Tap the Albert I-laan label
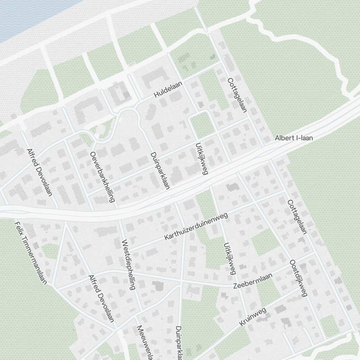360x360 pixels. point(294,138)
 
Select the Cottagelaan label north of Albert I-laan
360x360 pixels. point(237,95)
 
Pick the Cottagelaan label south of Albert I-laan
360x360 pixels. point(297,217)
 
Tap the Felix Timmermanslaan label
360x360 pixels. point(31,253)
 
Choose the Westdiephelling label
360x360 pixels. point(128,265)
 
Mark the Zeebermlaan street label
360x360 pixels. point(252,281)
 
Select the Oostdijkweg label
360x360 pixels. point(298,278)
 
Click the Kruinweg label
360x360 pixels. point(252,317)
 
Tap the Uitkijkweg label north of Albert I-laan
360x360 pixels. point(202,159)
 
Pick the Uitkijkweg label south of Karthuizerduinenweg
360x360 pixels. point(229,258)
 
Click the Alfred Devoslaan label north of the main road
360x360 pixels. point(40,172)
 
